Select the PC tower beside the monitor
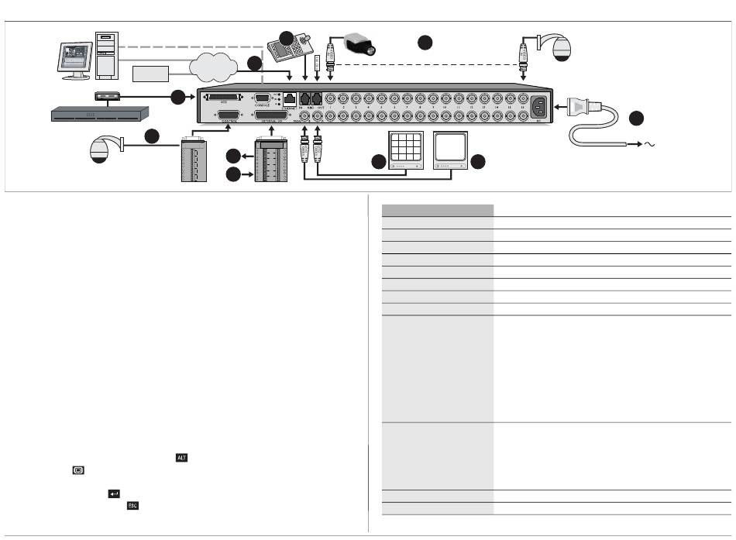(106, 56)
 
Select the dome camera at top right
(559, 50)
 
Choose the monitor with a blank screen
(452, 147)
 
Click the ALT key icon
(181, 459)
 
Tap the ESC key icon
(132, 506)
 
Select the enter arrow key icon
(113, 494)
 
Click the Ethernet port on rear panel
(288, 99)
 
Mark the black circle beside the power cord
(636, 119)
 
